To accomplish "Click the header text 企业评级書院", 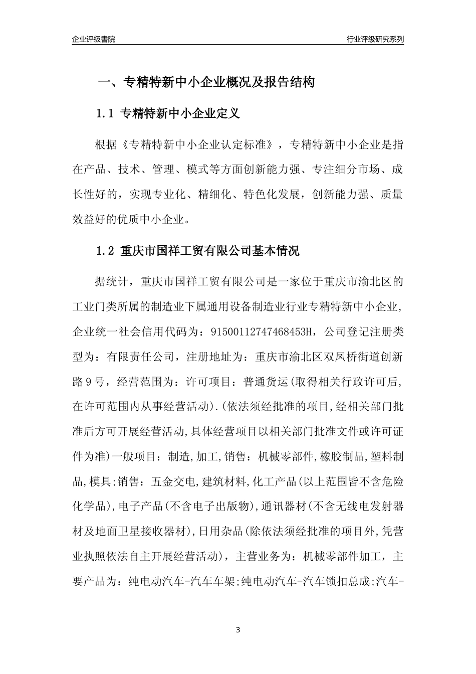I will tap(94, 39).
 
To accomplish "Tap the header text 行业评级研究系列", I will tap(375, 39).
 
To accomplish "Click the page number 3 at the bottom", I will tap(237, 629).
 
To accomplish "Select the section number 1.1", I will tap(106, 114).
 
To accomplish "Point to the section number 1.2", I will tap(106, 251).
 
